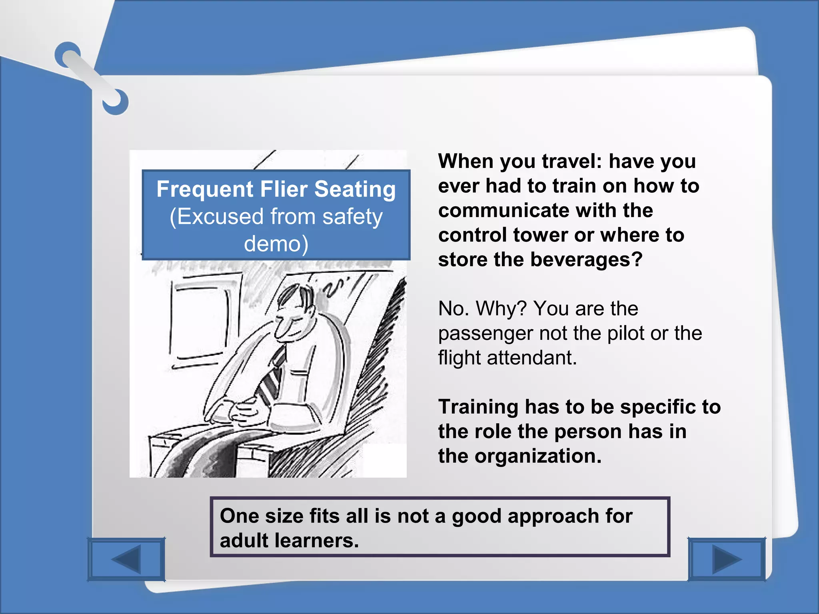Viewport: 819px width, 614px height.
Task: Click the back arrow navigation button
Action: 126,559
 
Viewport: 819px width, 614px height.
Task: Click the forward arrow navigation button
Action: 727,559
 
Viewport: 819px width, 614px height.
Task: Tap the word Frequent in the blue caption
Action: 205,189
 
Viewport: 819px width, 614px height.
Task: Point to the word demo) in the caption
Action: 276,243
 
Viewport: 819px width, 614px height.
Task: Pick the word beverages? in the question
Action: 586,259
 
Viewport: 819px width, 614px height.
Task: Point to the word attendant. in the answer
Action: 532,357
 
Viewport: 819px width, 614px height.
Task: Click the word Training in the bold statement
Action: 478,407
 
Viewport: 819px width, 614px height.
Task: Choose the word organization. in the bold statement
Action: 538,456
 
